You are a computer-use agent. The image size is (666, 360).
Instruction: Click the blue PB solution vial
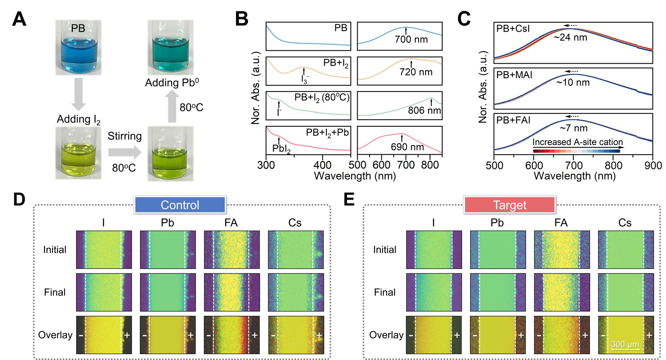tap(78, 47)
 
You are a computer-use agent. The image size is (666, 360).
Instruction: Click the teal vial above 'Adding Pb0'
tap(170, 47)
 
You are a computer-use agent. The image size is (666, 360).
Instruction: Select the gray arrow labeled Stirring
tap(125, 152)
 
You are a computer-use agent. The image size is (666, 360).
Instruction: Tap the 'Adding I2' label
tap(79, 120)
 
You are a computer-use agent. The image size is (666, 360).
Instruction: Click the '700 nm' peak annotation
tap(411, 40)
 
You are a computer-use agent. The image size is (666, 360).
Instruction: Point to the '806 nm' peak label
tap(424, 110)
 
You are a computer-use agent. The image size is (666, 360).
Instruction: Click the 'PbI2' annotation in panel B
tap(281, 149)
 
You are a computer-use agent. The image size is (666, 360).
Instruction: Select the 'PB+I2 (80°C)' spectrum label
tap(322, 98)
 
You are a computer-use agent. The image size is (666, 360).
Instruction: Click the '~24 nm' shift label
tap(570, 37)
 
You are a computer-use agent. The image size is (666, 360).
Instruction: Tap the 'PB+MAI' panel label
tap(514, 75)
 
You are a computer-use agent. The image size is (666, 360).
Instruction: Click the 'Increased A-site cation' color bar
tap(577, 151)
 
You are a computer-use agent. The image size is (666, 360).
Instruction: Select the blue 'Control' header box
tap(180, 205)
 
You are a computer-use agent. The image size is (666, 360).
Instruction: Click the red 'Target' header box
tap(510, 205)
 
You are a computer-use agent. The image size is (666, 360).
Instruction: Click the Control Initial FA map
tap(232, 250)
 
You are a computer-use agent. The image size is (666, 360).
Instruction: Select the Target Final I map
tap(434, 292)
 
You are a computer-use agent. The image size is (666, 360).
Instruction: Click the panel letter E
tap(349, 199)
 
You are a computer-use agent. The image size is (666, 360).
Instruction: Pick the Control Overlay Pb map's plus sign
tap(191, 335)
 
